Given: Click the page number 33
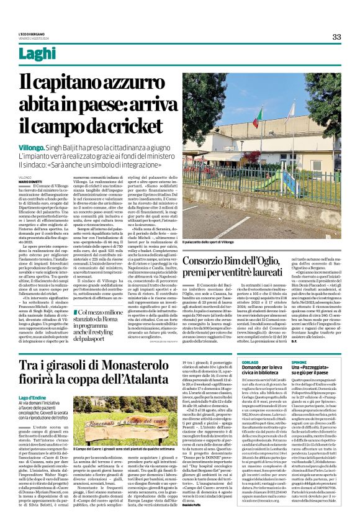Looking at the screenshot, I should (x=336, y=37).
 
